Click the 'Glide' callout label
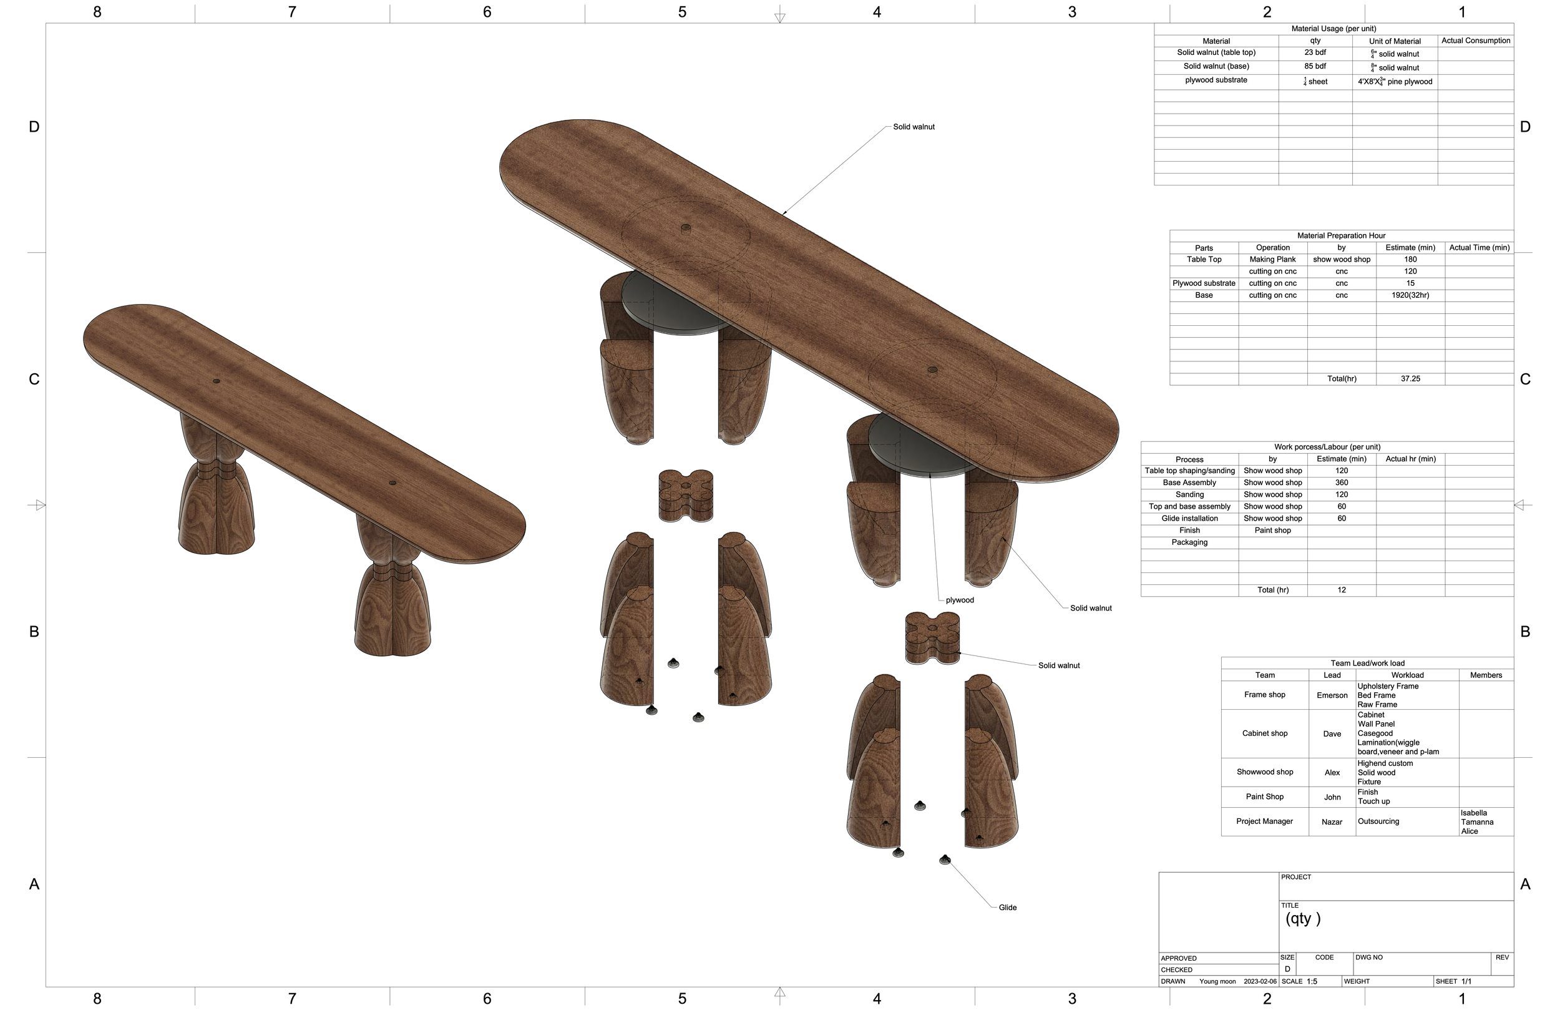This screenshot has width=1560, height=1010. coord(1007,908)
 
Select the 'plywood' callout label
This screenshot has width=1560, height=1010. coord(960,600)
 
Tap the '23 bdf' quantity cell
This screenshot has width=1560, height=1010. coord(1315,52)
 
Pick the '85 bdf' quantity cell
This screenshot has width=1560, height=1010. coord(1315,66)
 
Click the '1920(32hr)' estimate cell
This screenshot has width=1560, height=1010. coord(1410,295)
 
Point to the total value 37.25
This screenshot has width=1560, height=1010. coord(1410,379)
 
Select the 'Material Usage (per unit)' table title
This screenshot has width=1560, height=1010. coord(1333,29)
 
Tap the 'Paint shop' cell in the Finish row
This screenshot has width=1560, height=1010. coord(1272,531)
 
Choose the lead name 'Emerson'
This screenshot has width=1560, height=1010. coord(1332,695)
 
